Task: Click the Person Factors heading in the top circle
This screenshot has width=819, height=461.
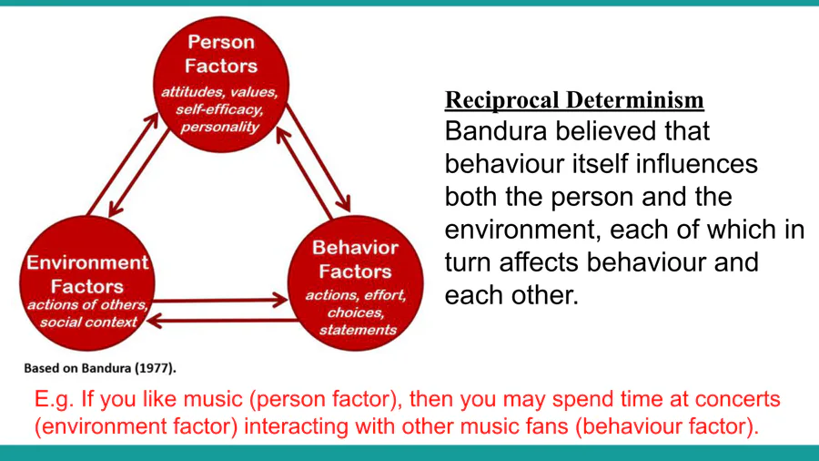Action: (x=221, y=54)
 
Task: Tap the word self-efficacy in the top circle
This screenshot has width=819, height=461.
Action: (x=219, y=109)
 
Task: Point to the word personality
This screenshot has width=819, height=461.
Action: (x=219, y=127)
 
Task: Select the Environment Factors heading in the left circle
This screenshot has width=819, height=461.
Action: (x=87, y=274)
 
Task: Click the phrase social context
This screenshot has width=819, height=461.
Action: (x=88, y=322)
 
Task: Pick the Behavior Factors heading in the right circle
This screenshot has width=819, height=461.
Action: (x=355, y=260)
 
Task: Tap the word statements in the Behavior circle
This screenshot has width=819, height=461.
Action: (x=358, y=330)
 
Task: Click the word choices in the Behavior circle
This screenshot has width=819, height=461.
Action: (x=356, y=312)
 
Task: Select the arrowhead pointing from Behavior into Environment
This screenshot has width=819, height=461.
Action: (x=154, y=320)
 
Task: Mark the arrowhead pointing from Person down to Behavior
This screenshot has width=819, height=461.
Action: (x=345, y=204)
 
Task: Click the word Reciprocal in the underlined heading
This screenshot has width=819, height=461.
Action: (x=502, y=100)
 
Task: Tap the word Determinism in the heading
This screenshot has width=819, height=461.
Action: (x=634, y=100)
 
